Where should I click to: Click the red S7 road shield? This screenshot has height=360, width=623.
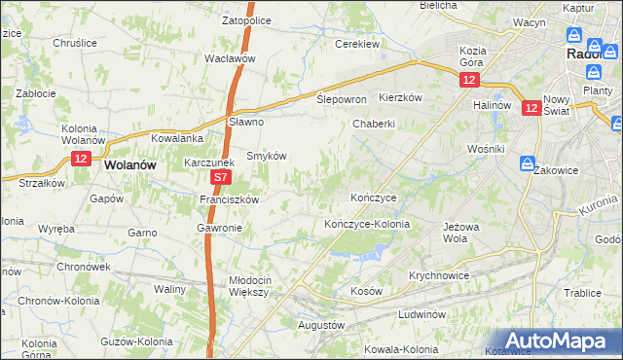[221, 178]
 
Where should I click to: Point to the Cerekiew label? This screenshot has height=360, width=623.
[357, 44]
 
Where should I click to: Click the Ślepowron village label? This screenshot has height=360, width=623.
[342, 100]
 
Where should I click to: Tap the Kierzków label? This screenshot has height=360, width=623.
[400, 97]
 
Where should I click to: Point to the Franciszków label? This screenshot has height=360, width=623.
[228, 199]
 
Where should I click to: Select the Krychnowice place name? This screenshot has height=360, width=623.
[439, 275]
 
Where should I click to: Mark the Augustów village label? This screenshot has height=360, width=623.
[320, 324]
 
